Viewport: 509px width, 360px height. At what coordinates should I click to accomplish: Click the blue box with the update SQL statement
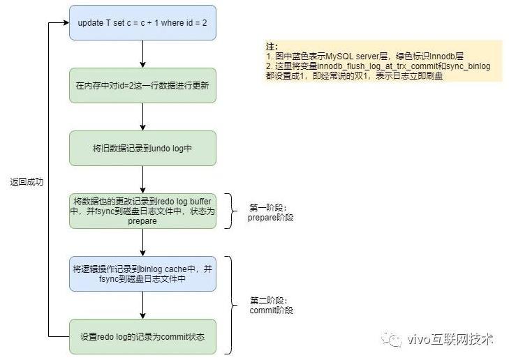click(142, 23)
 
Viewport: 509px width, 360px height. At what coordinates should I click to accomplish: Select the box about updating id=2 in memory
click(142, 86)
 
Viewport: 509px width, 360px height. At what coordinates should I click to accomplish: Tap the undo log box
click(142, 149)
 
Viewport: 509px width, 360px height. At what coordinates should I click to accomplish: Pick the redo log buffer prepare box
click(142, 211)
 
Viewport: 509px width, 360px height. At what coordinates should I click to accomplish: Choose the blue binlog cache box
click(142, 273)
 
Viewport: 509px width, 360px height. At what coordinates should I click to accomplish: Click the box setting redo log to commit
click(142, 337)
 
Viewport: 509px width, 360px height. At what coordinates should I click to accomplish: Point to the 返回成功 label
click(27, 182)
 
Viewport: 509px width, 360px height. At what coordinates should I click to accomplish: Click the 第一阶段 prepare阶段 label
click(270, 212)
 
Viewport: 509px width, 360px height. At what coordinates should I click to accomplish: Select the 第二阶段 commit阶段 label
click(272, 305)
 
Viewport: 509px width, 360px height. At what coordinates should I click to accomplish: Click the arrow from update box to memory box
click(143, 54)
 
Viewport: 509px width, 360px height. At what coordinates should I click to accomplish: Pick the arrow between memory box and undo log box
click(143, 117)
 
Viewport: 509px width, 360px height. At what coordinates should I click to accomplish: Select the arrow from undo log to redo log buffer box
click(143, 180)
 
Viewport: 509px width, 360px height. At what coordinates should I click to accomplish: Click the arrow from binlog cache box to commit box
click(143, 305)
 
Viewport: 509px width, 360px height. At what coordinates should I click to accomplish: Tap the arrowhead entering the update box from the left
click(66, 23)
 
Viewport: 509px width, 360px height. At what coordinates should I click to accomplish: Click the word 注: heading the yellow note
click(272, 46)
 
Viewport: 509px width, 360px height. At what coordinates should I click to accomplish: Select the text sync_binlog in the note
click(469, 66)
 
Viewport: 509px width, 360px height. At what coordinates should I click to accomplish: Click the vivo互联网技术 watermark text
click(450, 339)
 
